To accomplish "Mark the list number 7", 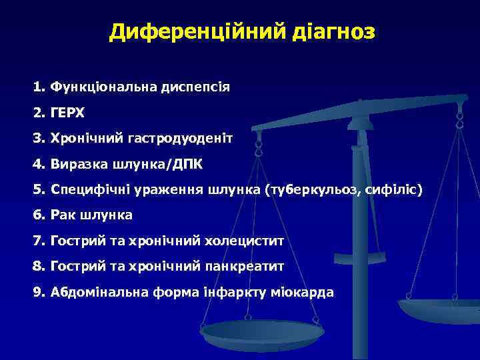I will tap(37, 240).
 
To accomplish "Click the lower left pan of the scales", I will tap(263, 332).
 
